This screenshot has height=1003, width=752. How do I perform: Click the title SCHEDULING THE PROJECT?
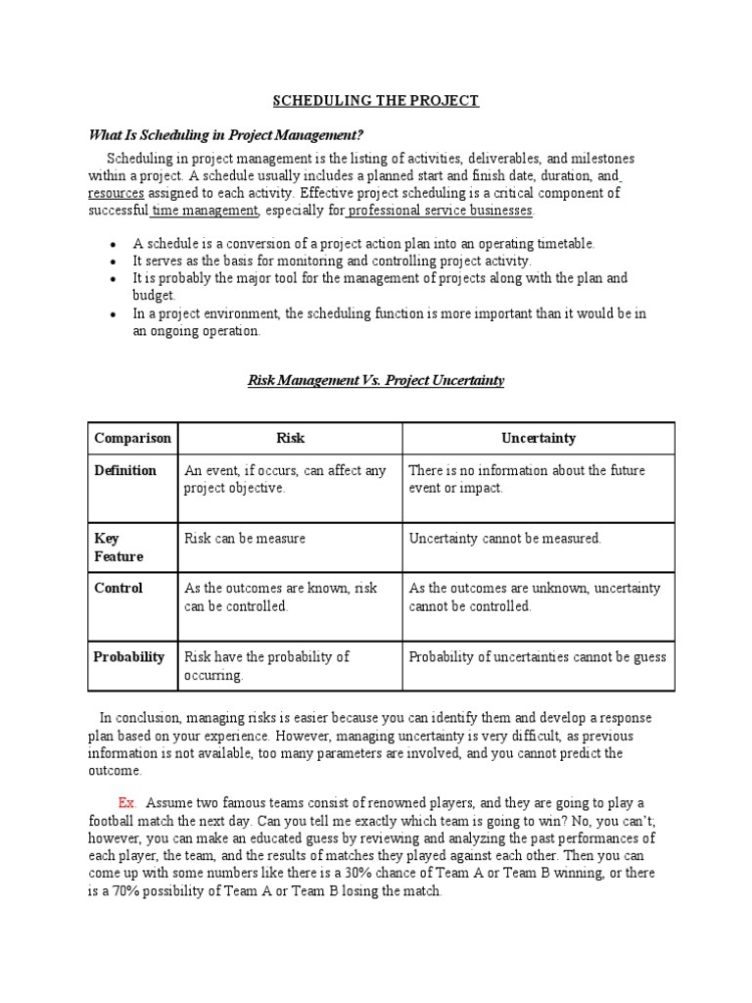click(376, 101)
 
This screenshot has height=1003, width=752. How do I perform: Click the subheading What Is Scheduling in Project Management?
click(232, 134)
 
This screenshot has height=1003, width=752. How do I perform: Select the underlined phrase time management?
click(205, 211)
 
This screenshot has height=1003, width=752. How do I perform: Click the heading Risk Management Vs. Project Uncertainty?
click(376, 380)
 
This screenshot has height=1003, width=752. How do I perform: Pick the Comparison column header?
click(132, 439)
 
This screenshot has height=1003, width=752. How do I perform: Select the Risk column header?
click(289, 439)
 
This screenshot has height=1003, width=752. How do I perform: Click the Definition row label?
click(125, 471)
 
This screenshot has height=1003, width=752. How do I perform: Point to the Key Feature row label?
click(118, 548)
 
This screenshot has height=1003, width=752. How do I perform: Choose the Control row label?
click(118, 589)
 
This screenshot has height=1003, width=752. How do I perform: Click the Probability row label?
click(129, 657)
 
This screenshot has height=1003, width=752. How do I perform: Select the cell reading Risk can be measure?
click(245, 539)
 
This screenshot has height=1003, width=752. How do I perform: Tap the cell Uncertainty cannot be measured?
click(505, 539)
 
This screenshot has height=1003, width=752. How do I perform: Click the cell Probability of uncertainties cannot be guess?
click(537, 657)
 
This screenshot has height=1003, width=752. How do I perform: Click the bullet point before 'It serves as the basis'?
click(115, 263)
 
